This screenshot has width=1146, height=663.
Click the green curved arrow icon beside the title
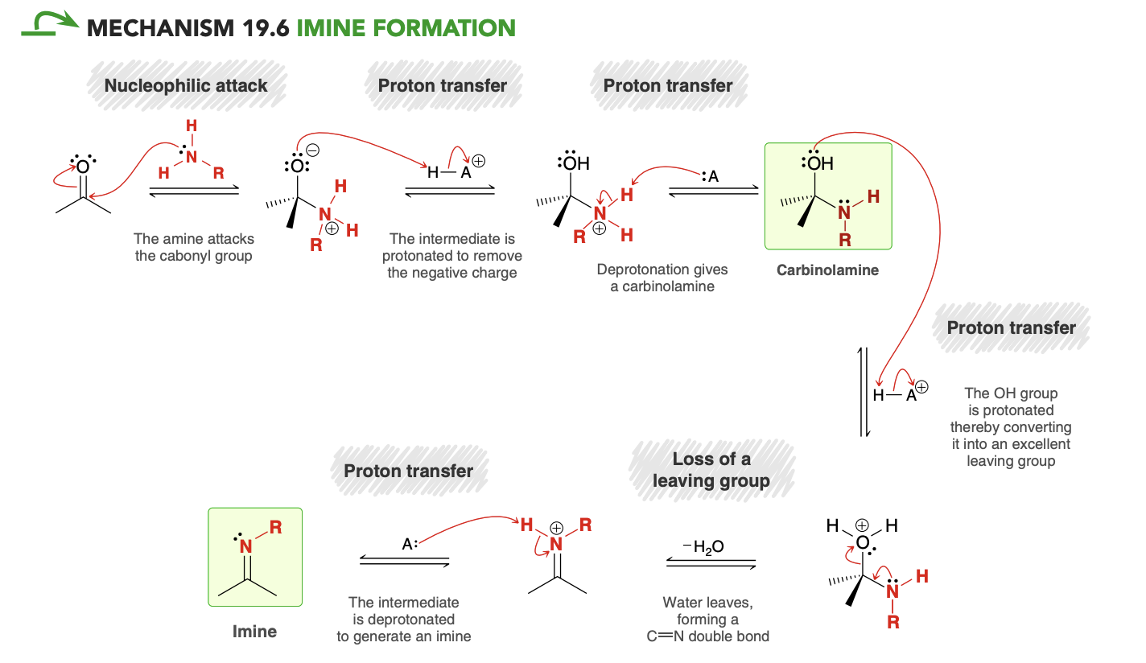pyautogui.click(x=50, y=23)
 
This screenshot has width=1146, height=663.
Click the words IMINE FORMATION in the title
pyautogui.click(x=406, y=28)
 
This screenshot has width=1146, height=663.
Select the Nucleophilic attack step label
pyautogui.click(x=186, y=85)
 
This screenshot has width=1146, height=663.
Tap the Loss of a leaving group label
pyautogui.click(x=711, y=470)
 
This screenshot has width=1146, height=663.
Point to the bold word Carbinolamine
pyautogui.click(x=827, y=270)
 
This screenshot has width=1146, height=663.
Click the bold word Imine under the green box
pyautogui.click(x=254, y=632)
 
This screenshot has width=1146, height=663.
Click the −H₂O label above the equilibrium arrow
pyautogui.click(x=703, y=547)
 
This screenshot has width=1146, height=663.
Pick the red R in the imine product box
pyautogui.click(x=276, y=527)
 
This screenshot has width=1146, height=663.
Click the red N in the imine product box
pyautogui.click(x=246, y=546)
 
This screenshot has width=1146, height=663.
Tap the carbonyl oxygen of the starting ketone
pyautogui.click(x=83, y=167)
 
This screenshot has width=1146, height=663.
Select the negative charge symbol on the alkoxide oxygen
pyautogui.click(x=312, y=150)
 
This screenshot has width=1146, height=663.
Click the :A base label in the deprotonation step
pyautogui.click(x=711, y=176)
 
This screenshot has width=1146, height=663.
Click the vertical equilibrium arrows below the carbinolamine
pyautogui.click(x=864, y=392)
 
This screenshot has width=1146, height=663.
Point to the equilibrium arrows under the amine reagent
pyautogui.click(x=194, y=191)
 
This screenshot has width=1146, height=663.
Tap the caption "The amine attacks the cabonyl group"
pyautogui.click(x=193, y=247)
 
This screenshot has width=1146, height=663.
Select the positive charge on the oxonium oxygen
pyautogui.click(x=862, y=525)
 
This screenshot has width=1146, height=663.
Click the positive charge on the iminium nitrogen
pyautogui.click(x=556, y=528)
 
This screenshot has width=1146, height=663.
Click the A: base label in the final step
pyautogui.click(x=410, y=543)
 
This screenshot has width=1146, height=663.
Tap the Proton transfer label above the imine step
pyautogui.click(x=408, y=471)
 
